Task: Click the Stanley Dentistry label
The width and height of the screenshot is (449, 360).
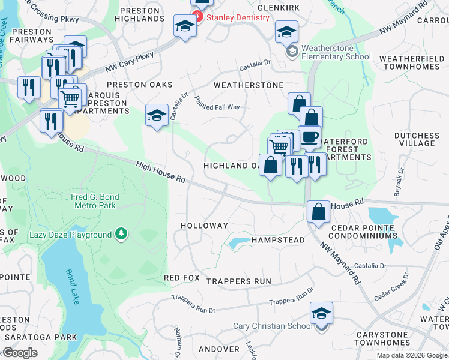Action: [x=238, y=17]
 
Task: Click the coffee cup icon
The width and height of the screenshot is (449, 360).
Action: [x=310, y=136]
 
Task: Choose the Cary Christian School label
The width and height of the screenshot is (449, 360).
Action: [x=273, y=326]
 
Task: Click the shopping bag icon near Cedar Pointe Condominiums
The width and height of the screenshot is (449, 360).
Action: [x=318, y=211]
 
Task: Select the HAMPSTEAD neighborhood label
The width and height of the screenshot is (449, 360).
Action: [x=278, y=239]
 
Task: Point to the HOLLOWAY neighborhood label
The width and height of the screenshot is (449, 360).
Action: [x=205, y=226]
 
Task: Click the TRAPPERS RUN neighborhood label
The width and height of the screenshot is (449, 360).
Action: [x=239, y=281]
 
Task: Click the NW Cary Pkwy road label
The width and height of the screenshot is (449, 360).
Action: [x=129, y=62]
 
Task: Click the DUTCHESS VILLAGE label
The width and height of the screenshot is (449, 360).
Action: [x=417, y=139]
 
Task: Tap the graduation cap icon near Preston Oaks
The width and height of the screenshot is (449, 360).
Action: [x=157, y=115]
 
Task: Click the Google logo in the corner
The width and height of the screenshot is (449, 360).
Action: [x=20, y=353]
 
